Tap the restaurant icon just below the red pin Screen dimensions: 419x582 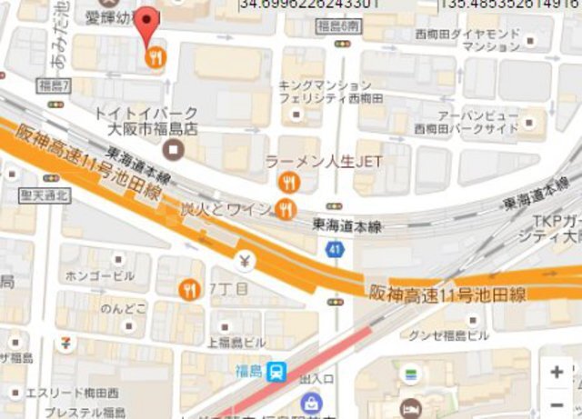point(156,56)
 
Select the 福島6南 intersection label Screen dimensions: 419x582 point(339,26)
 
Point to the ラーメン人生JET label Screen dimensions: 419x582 point(323,162)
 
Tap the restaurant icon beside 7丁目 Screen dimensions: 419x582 point(190,290)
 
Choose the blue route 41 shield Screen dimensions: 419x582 point(336,249)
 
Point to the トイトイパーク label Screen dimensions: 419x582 point(138,113)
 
